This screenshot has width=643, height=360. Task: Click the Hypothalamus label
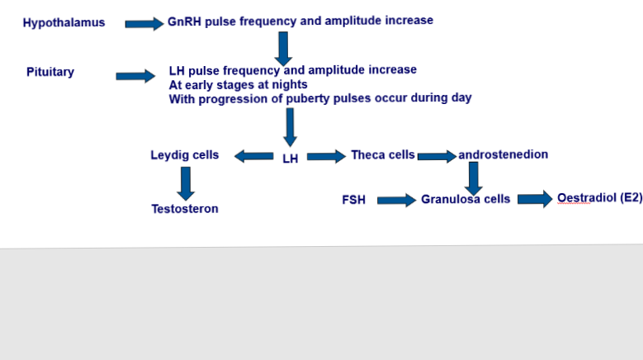64,23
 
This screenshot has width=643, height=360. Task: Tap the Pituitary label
50,72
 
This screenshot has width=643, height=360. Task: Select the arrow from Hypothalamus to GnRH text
144,24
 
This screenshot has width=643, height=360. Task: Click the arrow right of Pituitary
135,77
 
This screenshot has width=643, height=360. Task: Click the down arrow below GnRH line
283,49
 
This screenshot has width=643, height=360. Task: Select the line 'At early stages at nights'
238,84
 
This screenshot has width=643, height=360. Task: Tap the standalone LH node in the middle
291,159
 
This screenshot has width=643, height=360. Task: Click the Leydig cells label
185,154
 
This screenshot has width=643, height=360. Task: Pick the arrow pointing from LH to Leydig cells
254,155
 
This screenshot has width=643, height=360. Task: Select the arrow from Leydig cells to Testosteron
186,183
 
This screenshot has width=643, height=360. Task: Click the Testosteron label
185,209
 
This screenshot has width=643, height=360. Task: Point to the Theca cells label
383,154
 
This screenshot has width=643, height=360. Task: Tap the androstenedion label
504,154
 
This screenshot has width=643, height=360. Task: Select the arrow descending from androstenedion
473,178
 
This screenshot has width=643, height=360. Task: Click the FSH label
353,200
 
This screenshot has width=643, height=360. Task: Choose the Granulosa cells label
466,199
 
